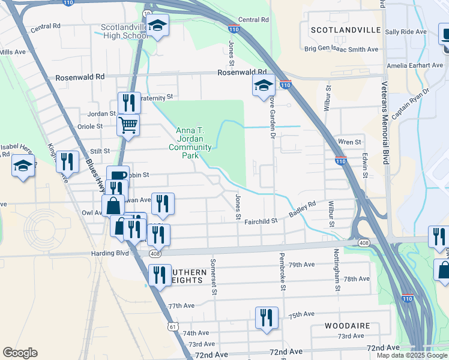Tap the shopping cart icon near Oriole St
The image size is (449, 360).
tap(127, 126)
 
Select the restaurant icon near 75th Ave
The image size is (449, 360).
tap(266, 317)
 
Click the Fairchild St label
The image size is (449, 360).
tap(261, 221)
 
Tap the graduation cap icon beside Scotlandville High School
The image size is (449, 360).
tap(158, 25)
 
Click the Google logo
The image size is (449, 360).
tap(20, 353)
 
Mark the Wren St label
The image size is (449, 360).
tap(349, 142)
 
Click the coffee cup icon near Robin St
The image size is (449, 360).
tap(118, 176)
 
